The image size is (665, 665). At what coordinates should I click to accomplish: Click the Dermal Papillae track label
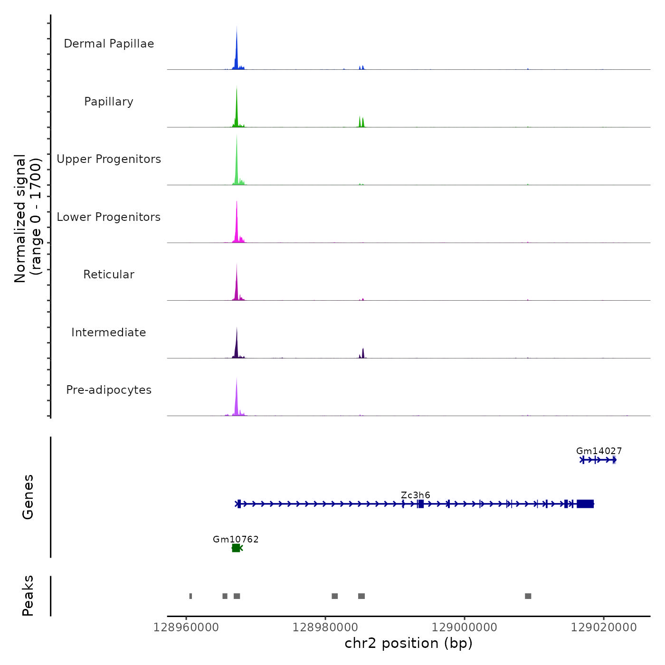coord(109,44)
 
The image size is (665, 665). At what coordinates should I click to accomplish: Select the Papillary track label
coord(109,102)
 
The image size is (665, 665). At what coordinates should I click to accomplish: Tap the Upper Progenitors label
coord(109,159)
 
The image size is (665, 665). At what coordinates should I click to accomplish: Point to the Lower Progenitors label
coord(109,217)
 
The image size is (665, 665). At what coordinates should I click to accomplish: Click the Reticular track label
coord(109,275)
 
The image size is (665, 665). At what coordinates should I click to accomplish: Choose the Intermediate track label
coord(109,332)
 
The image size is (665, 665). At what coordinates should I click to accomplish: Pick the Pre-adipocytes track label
coord(109,390)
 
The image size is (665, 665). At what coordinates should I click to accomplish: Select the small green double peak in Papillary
coord(361,123)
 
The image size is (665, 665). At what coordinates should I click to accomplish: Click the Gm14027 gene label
coord(598,451)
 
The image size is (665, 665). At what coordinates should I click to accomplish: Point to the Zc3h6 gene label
coord(415,495)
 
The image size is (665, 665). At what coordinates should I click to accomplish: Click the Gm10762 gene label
coord(236,539)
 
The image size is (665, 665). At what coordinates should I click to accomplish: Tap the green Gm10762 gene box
coord(236,548)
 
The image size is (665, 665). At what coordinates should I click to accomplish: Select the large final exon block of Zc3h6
coord(585,504)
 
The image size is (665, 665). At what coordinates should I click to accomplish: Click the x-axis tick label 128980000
coord(325,627)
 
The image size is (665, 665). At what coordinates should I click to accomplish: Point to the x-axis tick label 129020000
coord(604,627)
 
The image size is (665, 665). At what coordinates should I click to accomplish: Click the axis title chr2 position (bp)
coord(408,643)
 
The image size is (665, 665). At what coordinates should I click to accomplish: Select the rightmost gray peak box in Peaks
coord(528,596)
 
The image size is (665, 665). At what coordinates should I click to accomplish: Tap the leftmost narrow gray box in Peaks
coord(190,596)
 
